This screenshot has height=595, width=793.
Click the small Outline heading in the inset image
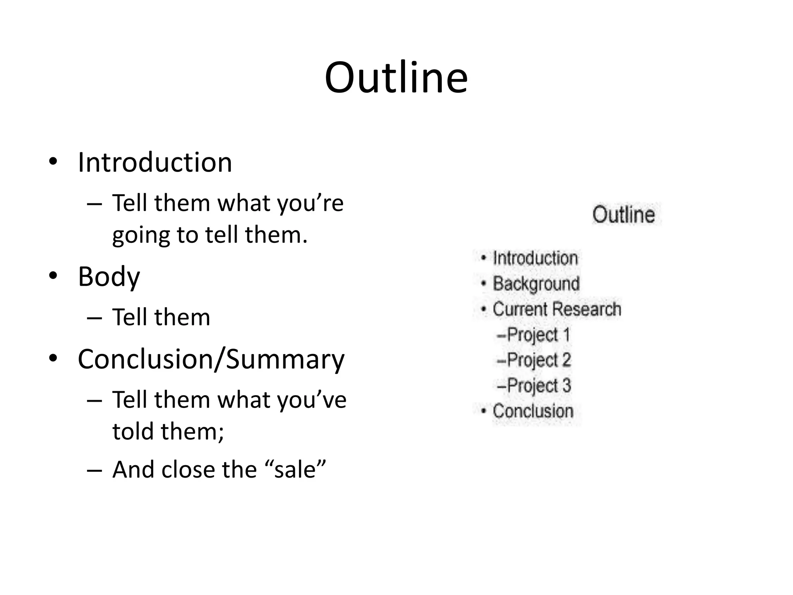(623, 215)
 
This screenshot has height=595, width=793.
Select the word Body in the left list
(109, 277)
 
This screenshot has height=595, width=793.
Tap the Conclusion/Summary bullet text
(211, 359)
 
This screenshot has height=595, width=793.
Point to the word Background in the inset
(536, 284)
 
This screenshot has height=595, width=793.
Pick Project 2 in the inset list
(539, 360)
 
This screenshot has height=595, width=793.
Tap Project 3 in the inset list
(539, 386)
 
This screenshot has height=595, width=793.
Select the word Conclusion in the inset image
(533, 411)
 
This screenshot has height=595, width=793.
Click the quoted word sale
(295, 470)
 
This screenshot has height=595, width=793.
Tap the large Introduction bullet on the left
(155, 162)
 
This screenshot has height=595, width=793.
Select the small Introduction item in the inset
(535, 258)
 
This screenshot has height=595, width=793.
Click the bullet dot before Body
(53, 276)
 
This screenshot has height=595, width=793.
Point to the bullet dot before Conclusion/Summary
(53, 359)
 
